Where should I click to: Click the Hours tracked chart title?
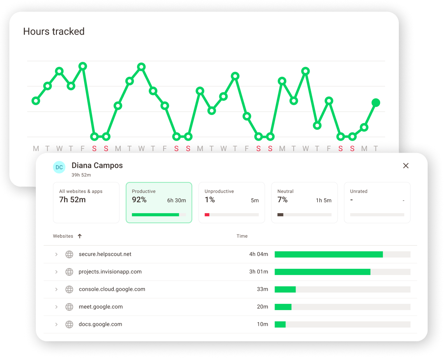pyautogui.click(x=54, y=32)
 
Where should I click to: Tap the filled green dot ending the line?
pyautogui.click(x=376, y=103)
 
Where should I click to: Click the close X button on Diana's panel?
pyautogui.click(x=406, y=166)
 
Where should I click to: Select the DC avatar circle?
pyautogui.click(x=59, y=167)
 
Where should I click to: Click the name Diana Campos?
pyautogui.click(x=97, y=166)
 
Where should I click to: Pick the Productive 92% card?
pyautogui.click(x=159, y=203)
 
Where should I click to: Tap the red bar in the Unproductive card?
pyautogui.click(x=207, y=215)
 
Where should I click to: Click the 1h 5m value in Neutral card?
pyautogui.click(x=324, y=201)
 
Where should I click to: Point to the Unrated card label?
pyautogui.click(x=359, y=191)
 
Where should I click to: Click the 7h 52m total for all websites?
pyautogui.click(x=72, y=200)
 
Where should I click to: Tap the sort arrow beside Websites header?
pyautogui.click(x=80, y=236)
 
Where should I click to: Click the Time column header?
pyautogui.click(x=242, y=236)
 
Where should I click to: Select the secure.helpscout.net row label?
pyautogui.click(x=105, y=254)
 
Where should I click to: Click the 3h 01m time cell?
pyautogui.click(x=259, y=272)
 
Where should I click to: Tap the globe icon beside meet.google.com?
pyautogui.click(x=69, y=307)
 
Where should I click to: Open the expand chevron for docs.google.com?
pyautogui.click(x=56, y=325)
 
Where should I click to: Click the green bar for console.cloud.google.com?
pyautogui.click(x=285, y=289)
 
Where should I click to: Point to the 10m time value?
pyautogui.click(x=263, y=325)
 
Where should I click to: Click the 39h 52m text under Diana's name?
pyautogui.click(x=81, y=175)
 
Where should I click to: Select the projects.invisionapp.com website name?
pyautogui.click(x=110, y=272)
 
